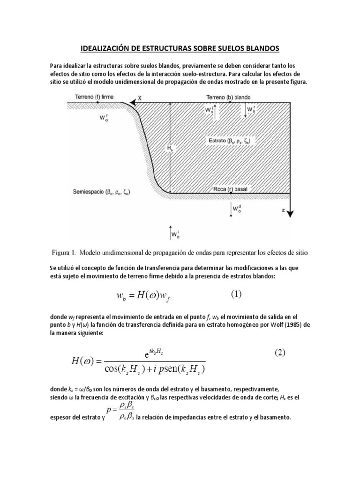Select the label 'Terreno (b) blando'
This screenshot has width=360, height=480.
tap(228, 97)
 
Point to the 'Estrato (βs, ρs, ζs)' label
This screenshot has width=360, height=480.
tap(231, 141)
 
